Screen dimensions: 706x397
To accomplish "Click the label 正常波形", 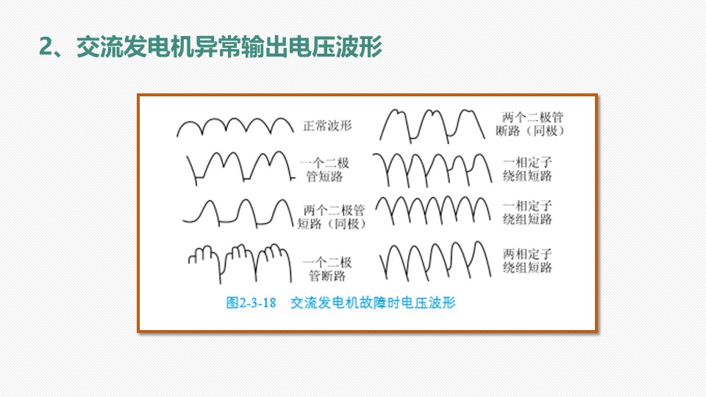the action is coord(327,126).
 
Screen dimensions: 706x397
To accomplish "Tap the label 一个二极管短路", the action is coord(324,169).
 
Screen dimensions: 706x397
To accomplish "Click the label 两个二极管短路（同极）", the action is coord(332,217).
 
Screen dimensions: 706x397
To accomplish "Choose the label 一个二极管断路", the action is coord(327,269).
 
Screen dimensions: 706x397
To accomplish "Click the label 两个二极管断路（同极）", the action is coord(530,124).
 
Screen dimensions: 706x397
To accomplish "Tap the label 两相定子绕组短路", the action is coord(527,261).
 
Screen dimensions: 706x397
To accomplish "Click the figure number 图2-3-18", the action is coord(251,302).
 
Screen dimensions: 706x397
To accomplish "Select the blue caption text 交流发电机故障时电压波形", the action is coord(373,302).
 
